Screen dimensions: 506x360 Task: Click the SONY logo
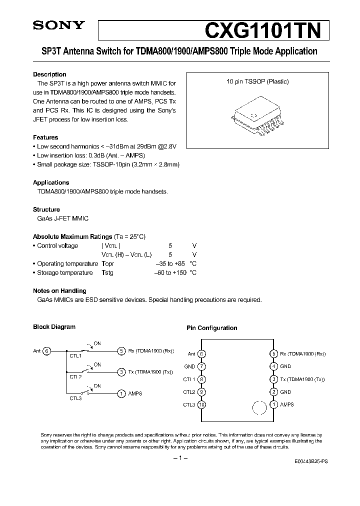53,25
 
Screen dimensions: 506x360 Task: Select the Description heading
49,74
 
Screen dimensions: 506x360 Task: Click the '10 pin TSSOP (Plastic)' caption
257,81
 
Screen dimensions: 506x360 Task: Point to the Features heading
45,137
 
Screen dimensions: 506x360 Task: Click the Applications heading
51,182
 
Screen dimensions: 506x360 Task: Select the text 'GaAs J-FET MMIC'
60,218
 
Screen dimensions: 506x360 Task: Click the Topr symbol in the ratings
108,264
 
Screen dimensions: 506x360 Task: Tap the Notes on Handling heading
59,290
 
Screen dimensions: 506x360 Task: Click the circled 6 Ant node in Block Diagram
46,351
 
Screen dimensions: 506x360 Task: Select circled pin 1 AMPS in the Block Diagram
121,393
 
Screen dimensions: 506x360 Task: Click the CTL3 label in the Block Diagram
75,398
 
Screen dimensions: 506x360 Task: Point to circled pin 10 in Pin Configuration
201,404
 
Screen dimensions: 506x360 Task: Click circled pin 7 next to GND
201,366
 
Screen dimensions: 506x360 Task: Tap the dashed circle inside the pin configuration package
258,407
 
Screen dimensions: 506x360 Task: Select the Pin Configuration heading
211,328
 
